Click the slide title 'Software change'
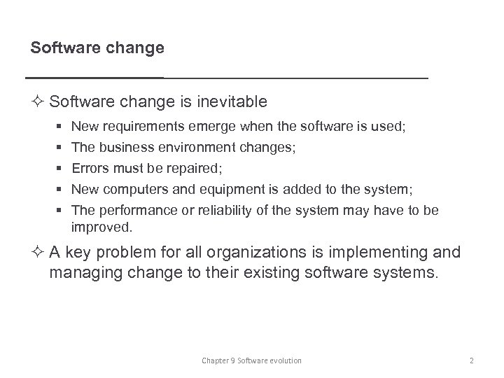[97, 48]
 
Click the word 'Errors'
[88, 168]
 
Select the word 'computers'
[132, 188]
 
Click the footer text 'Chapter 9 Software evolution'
[251, 360]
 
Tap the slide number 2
[472, 360]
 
